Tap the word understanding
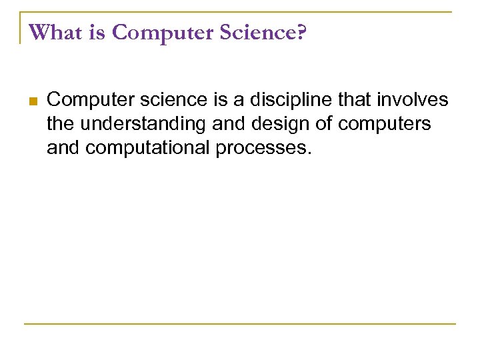(141, 124)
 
